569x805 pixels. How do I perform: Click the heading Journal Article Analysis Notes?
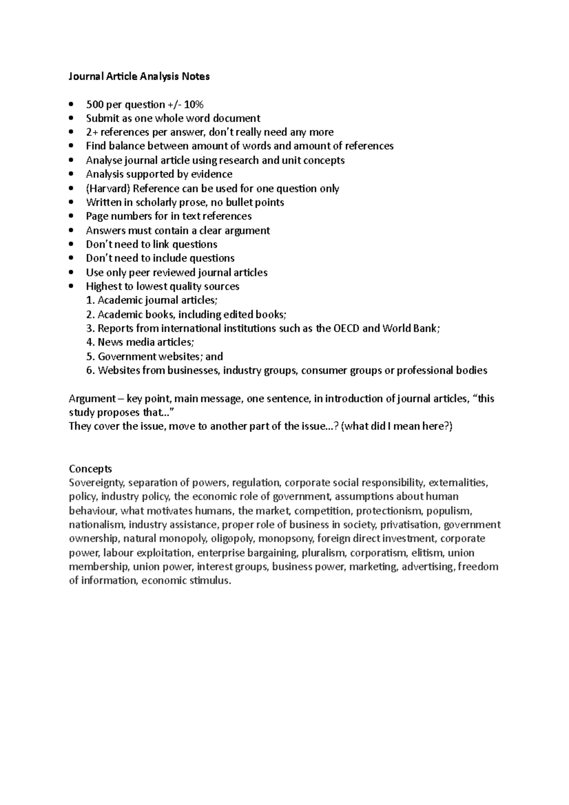pyautogui.click(x=139, y=76)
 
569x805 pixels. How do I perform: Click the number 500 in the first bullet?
pyautogui.click(x=94, y=104)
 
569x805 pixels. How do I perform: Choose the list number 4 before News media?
pyautogui.click(x=90, y=342)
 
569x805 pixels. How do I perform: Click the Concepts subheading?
pyautogui.click(x=90, y=469)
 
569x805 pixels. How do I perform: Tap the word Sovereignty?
pyautogui.click(x=97, y=483)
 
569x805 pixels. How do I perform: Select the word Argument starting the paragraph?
pyautogui.click(x=92, y=399)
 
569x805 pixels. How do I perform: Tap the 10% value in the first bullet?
pyautogui.click(x=193, y=104)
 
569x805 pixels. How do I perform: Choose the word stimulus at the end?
pyautogui.click(x=210, y=581)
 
